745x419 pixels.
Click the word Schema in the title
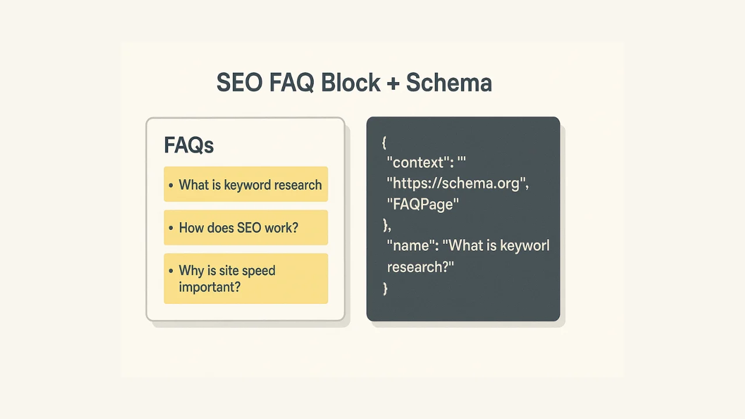(449, 83)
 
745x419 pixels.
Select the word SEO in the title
(239, 83)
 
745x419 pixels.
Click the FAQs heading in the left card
(189, 145)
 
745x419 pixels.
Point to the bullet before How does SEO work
(171, 228)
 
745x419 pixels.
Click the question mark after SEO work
(295, 228)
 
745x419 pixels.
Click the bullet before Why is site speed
(171, 271)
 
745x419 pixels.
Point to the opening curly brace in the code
(384, 142)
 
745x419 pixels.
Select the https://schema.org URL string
(457, 183)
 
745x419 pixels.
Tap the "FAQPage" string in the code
(423, 204)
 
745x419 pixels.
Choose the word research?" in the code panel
(420, 267)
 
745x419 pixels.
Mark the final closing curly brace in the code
(385, 288)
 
